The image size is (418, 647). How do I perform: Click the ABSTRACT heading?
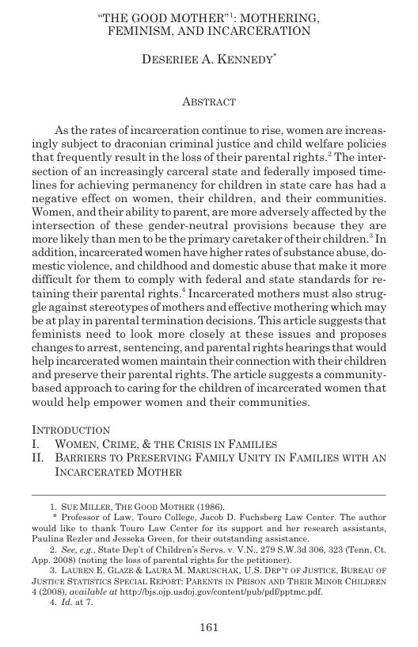point(208,101)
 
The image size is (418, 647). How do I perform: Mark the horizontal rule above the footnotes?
point(209,492)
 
